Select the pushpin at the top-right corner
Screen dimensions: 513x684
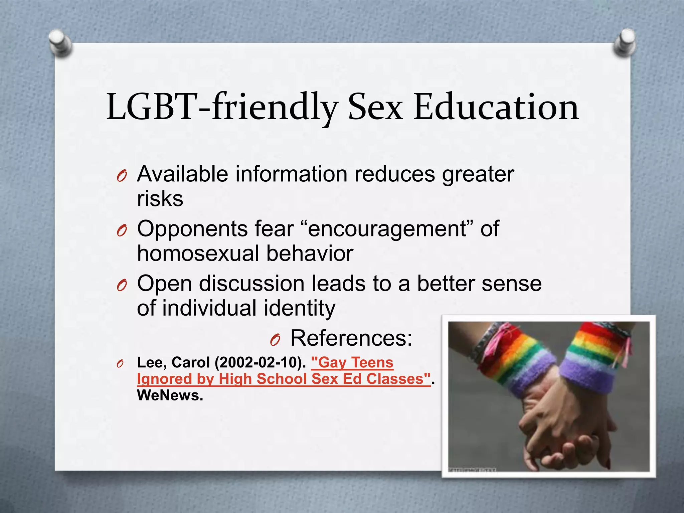click(624, 42)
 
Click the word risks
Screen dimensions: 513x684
click(160, 199)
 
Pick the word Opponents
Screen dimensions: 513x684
click(192, 229)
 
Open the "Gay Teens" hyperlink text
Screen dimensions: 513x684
click(352, 363)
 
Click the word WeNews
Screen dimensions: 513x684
click(170, 395)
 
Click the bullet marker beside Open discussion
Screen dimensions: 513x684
click(122, 286)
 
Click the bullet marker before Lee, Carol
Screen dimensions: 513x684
click(120, 364)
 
